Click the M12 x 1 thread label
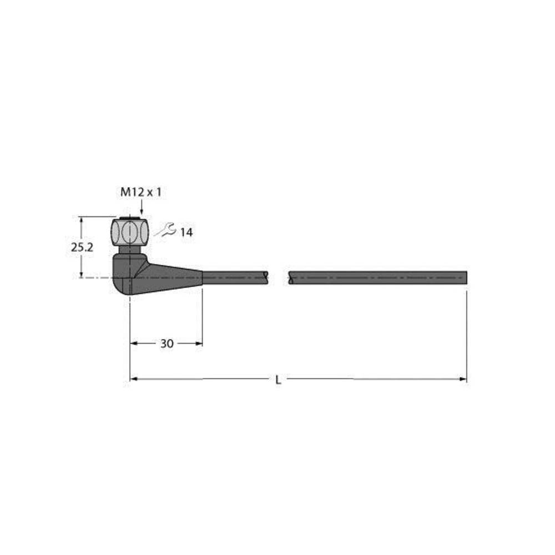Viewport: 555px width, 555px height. point(141,193)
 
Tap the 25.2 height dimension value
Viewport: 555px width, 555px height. point(82,248)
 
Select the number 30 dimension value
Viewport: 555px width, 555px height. point(167,344)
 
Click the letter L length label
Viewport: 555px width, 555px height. point(279,380)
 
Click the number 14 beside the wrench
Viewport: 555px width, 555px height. point(186,233)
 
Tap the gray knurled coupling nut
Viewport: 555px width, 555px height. point(130,232)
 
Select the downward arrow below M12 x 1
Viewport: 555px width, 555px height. point(141,209)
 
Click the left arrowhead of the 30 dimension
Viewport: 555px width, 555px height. point(133,344)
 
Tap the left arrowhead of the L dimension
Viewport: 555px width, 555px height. point(133,380)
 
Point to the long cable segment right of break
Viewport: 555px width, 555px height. point(377,277)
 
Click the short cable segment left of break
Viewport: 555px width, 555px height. point(236,277)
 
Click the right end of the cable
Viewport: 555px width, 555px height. point(465,277)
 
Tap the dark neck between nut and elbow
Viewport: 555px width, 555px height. point(130,249)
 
